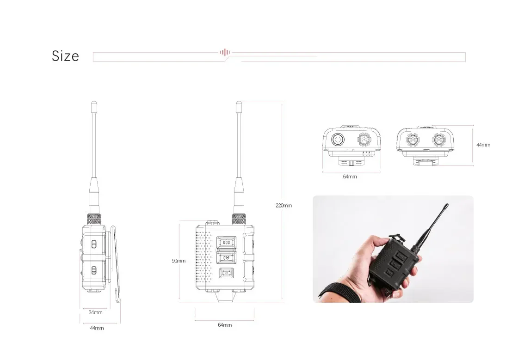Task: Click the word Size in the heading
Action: [x=65, y=56]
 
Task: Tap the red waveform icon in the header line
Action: [x=225, y=52]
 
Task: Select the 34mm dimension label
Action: [x=95, y=312]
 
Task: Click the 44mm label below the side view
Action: [x=97, y=328]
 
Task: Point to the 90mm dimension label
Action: [x=179, y=261]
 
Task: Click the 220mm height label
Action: [x=284, y=205]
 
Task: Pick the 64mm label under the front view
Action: [x=225, y=325]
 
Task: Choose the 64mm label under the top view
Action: [x=350, y=177]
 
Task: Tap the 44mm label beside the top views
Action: [x=483, y=145]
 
